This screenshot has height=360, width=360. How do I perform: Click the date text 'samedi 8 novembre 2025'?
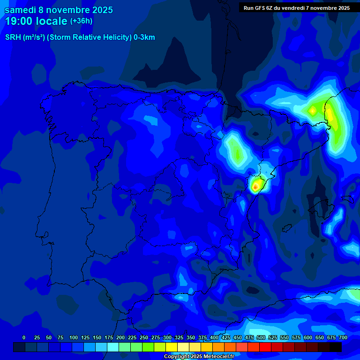pos(59,10)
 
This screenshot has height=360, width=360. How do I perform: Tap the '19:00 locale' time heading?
pos(36,21)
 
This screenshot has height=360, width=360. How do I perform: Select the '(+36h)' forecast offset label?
pos(81,21)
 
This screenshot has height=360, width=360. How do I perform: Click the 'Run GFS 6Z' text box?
pos(297,8)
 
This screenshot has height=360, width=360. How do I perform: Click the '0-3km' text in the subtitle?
pos(144,37)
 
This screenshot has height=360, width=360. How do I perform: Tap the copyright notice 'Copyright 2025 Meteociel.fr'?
pos(199,357)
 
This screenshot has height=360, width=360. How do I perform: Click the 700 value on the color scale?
pos(343,337)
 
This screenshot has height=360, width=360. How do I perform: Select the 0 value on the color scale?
pos(24,337)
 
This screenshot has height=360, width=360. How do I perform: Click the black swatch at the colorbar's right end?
pos(336,347)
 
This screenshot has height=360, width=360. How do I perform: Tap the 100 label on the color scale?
pos(74,337)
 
